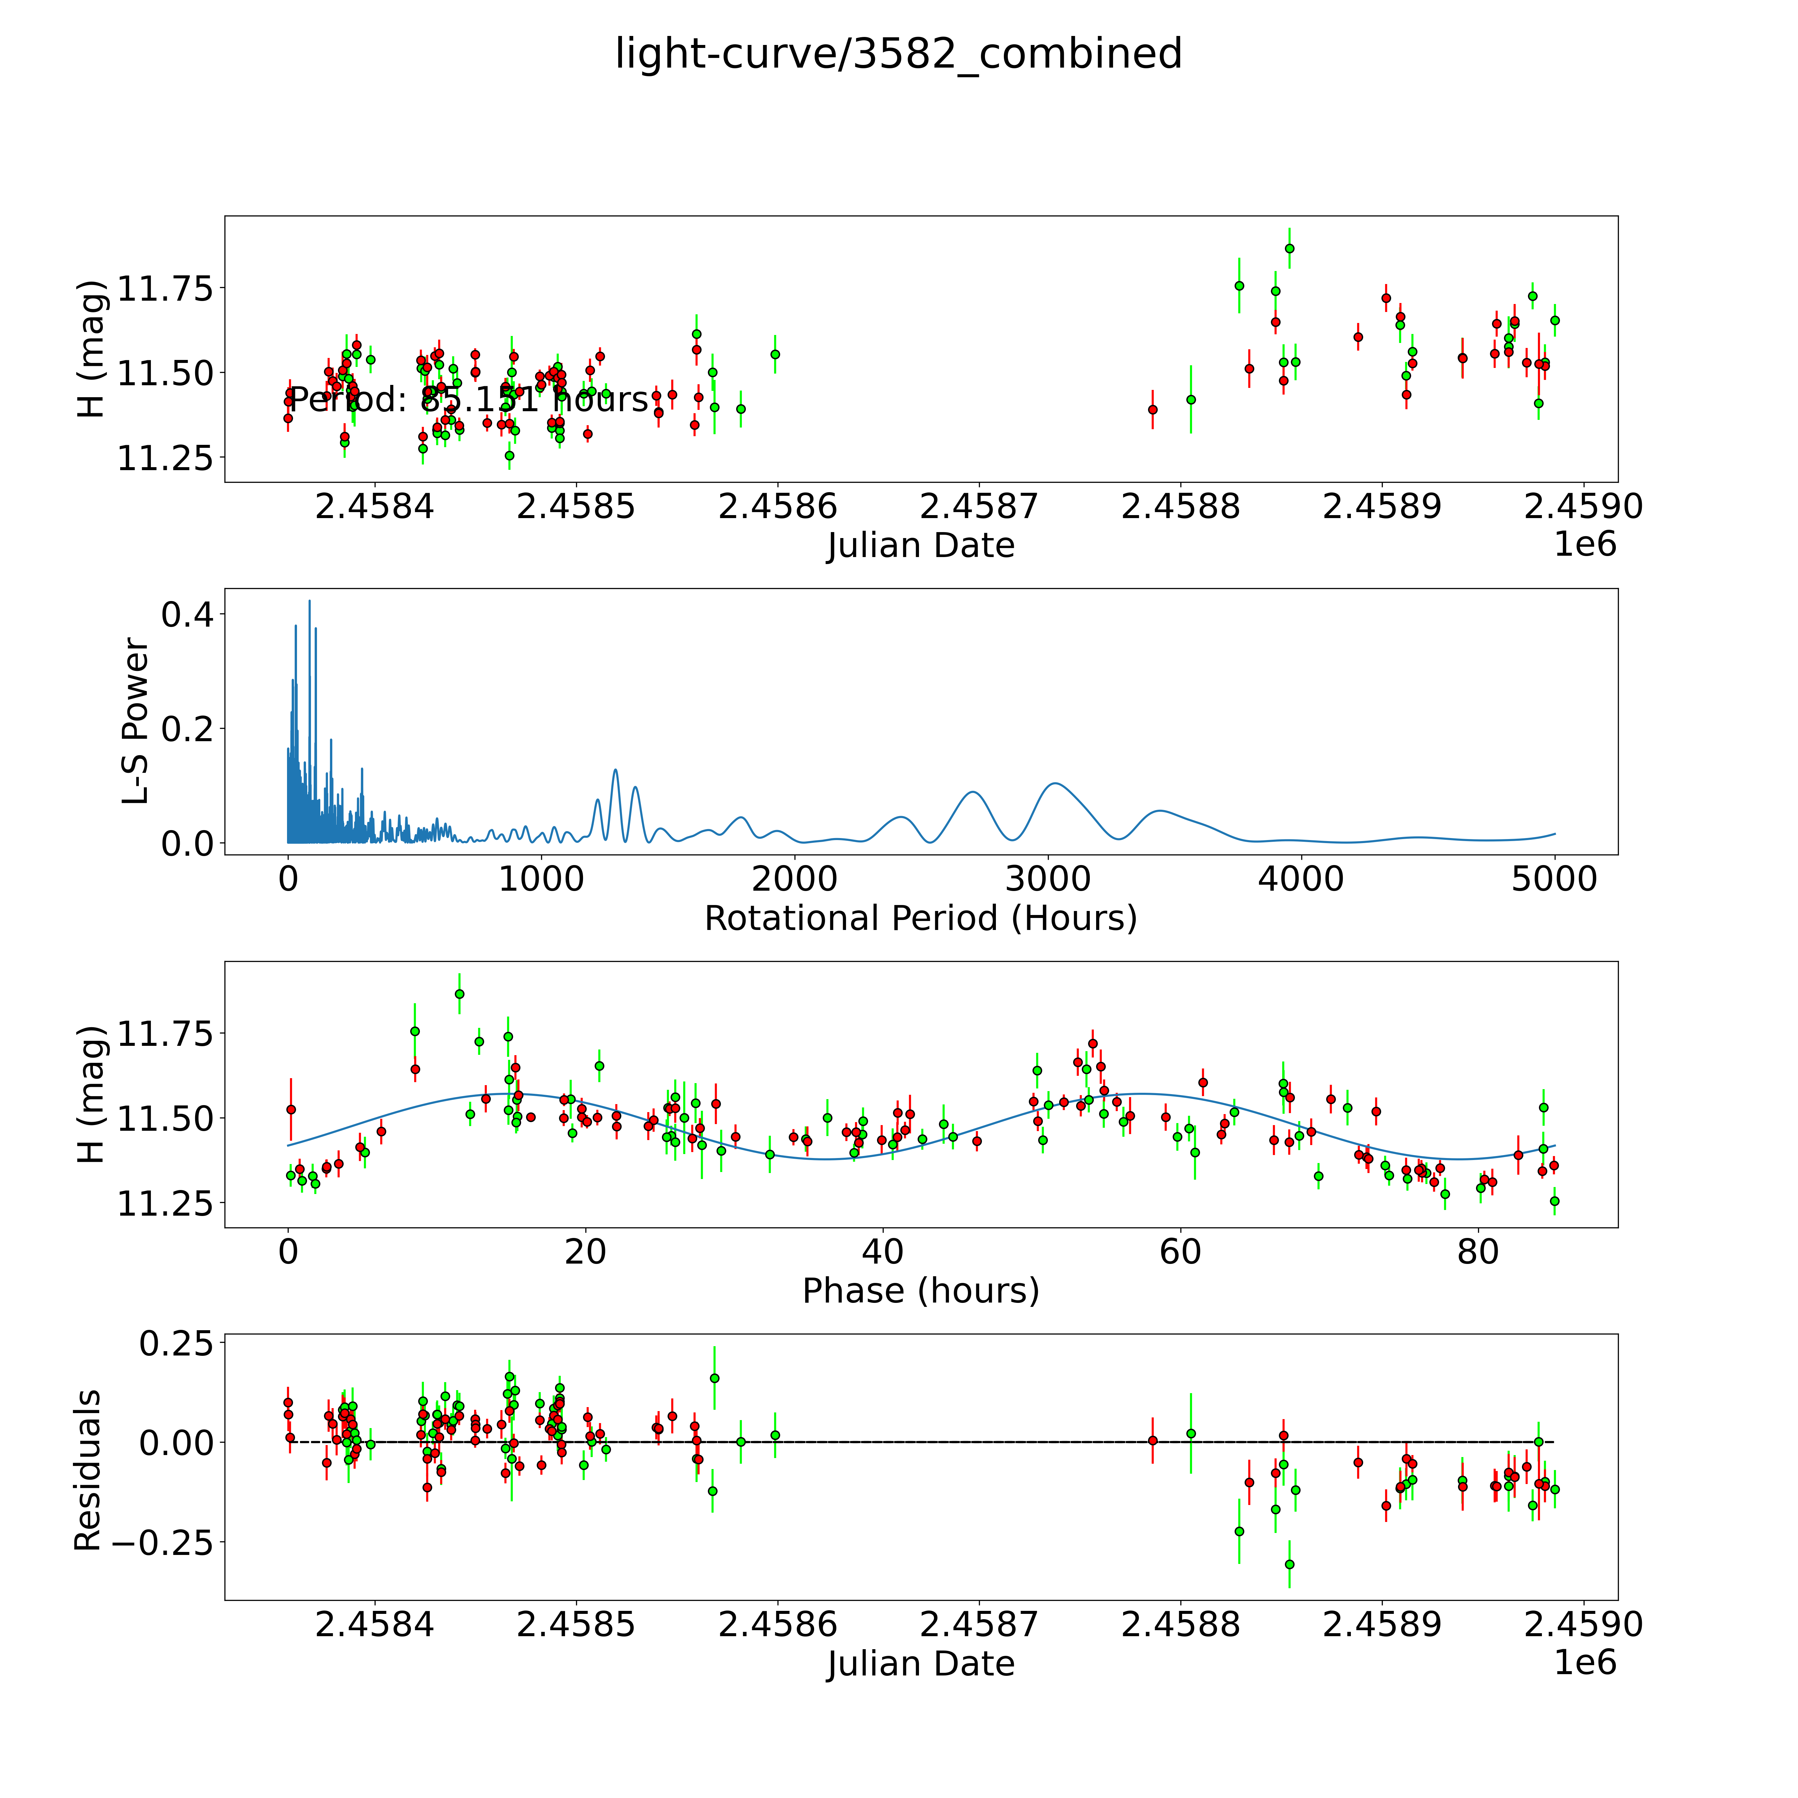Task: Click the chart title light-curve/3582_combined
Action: [898, 54]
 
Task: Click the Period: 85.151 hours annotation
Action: [468, 400]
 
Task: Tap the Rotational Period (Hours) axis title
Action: [920, 919]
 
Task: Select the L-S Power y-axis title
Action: [136, 721]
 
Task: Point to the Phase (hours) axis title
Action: [920, 1291]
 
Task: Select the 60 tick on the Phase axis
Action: [1180, 1252]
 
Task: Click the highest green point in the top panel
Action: [1289, 248]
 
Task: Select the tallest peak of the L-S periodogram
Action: [310, 601]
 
